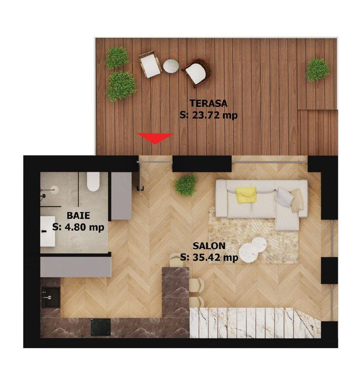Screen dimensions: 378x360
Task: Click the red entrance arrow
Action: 155,138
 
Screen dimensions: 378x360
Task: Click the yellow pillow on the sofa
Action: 246,194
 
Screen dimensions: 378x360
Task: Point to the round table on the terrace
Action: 171,65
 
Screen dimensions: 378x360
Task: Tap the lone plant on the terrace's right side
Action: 317,70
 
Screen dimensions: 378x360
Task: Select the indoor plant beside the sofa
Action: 186,185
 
